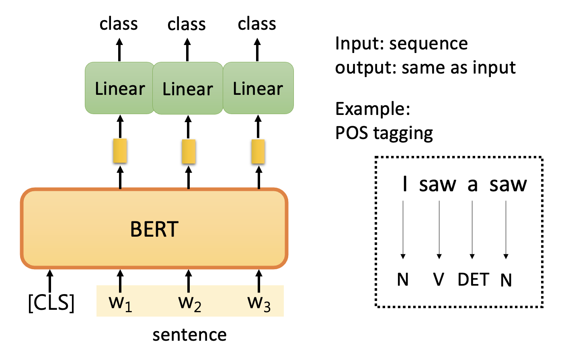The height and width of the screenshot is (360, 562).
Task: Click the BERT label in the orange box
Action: pyautogui.click(x=154, y=229)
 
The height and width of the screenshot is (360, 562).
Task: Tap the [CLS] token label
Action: pyautogui.click(x=51, y=303)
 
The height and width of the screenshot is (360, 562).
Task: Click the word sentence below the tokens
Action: pyautogui.click(x=189, y=335)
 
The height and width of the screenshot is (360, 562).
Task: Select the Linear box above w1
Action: pyautogui.click(x=119, y=88)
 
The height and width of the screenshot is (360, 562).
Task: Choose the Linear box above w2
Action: pyautogui.click(x=188, y=88)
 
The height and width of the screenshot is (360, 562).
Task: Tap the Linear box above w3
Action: pyautogui.click(x=258, y=88)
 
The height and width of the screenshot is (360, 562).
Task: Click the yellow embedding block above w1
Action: pyautogui.click(x=120, y=151)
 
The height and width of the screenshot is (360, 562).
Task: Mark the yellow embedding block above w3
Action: pyautogui.click(x=258, y=151)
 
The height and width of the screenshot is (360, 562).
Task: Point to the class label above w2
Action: pyautogui.click(x=187, y=24)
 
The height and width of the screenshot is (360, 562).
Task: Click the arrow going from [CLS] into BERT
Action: pyautogui.click(x=50, y=281)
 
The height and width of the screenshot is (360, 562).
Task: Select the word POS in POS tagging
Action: pyautogui.click(x=352, y=133)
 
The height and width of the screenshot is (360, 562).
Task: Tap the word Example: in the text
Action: pyautogui.click(x=373, y=109)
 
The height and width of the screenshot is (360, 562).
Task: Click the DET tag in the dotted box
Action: pyautogui.click(x=473, y=280)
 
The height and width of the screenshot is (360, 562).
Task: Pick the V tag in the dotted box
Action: pyautogui.click(x=439, y=280)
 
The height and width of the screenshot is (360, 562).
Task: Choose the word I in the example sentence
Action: pyautogui.click(x=405, y=184)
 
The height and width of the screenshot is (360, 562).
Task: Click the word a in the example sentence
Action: pyautogui.click(x=472, y=184)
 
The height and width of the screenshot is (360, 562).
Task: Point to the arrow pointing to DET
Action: pyautogui.click(x=472, y=230)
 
